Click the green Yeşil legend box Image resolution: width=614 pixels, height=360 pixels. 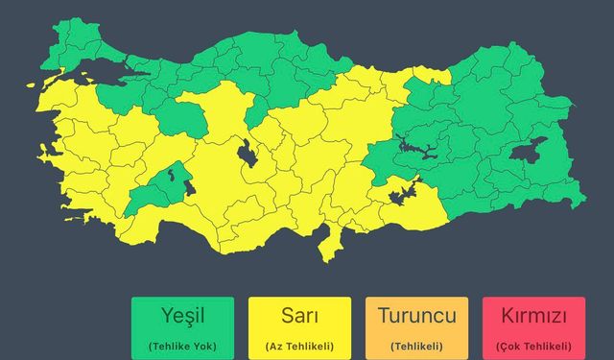183,327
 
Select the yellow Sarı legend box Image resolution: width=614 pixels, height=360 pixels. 299,327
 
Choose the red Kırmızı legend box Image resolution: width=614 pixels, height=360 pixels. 534,327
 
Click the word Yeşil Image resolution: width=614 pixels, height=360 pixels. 183,316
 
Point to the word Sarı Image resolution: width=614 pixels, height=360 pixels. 299,316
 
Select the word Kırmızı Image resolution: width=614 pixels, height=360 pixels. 534,316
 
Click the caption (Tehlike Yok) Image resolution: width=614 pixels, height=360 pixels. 183,346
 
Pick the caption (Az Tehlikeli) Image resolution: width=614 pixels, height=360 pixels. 299,346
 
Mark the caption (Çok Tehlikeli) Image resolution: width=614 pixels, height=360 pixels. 534,346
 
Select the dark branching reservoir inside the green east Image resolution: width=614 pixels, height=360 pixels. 414,150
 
